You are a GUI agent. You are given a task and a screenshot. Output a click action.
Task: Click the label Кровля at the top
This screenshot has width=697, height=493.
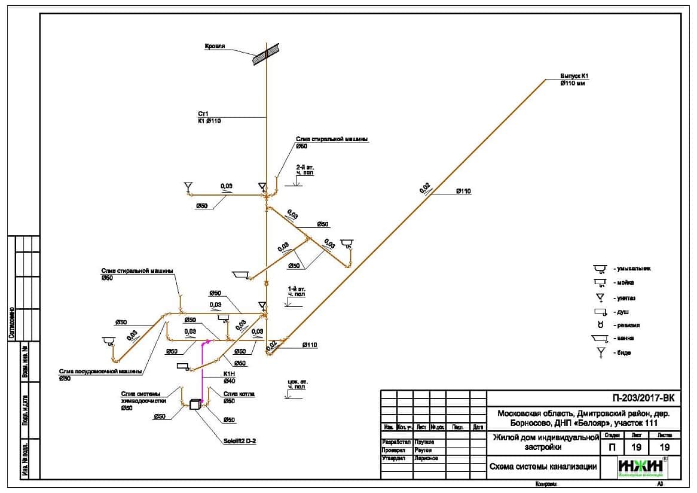[x=214, y=46]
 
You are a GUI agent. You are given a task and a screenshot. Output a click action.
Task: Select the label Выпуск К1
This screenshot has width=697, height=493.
[x=574, y=76]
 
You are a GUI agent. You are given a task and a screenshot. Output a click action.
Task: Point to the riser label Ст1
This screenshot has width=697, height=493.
[x=203, y=113]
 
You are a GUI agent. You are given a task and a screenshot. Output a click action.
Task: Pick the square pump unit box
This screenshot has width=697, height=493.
[x=194, y=404]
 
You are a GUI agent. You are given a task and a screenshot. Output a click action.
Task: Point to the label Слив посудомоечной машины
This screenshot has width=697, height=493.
[x=100, y=371]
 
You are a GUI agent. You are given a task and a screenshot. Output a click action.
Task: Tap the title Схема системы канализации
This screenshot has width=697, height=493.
[x=543, y=467]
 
